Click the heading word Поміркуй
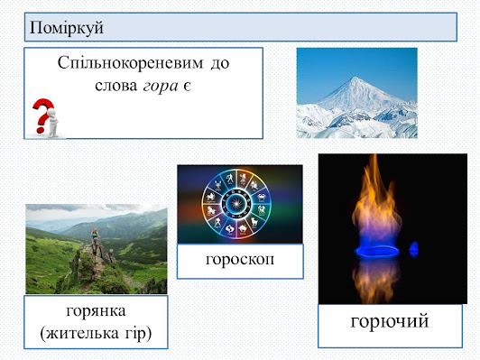tap(67, 28)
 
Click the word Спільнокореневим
tap(131, 63)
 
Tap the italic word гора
tap(161, 87)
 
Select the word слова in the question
tap(116, 86)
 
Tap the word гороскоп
tap(240, 260)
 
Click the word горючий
tap(390, 322)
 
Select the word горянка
tap(96, 311)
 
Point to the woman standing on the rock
tap(95, 237)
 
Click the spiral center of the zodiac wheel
tap(236, 202)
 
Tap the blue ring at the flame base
tap(377, 252)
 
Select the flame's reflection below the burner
tap(376, 280)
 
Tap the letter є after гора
tap(188, 87)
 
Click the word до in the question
tap(220, 64)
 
